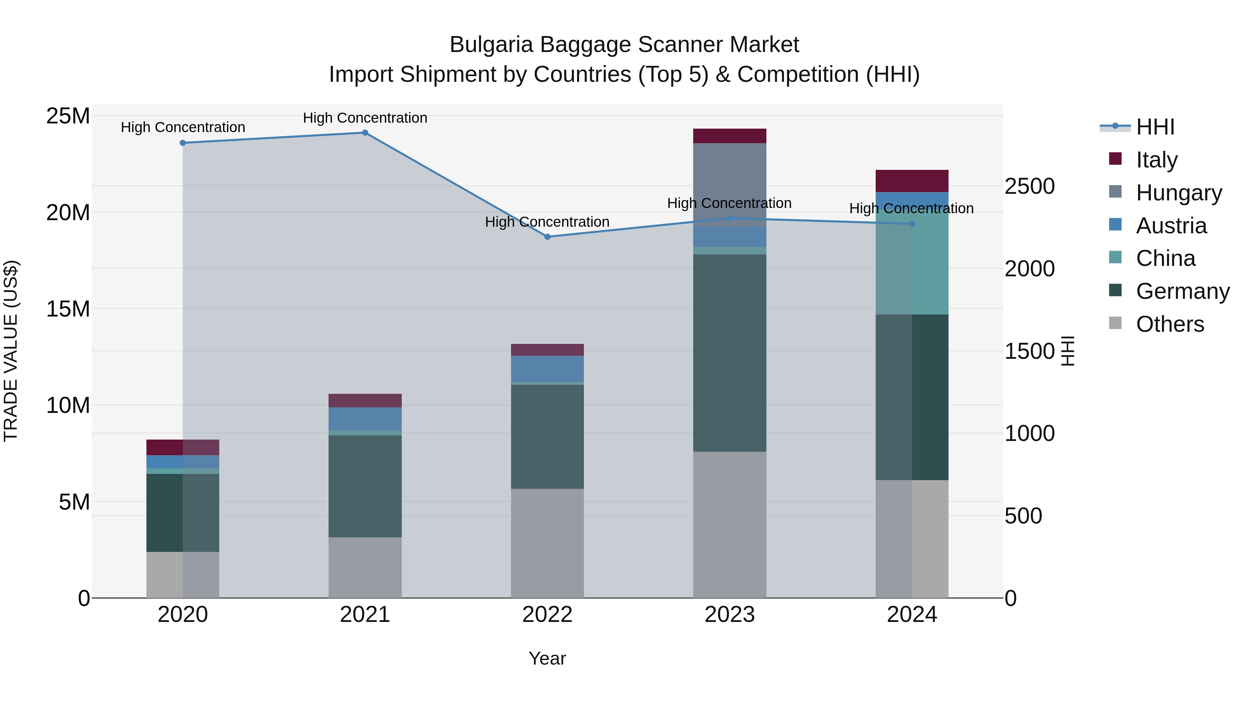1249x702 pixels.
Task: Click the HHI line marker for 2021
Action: click(365, 133)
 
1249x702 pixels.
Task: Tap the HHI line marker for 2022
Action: click(547, 237)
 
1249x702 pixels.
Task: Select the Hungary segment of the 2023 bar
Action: click(729, 184)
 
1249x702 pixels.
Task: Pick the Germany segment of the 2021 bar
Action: click(365, 486)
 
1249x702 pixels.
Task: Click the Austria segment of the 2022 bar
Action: click(547, 369)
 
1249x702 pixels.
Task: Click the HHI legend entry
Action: click(1155, 127)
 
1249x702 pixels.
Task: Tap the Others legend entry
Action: click(1170, 324)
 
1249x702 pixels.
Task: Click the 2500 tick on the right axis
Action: click(1029, 187)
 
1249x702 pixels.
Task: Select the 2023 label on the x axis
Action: click(729, 615)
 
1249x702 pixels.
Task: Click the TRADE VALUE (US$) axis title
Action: click(11, 351)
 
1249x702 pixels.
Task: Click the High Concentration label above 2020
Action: click(183, 128)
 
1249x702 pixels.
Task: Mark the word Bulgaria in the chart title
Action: click(491, 45)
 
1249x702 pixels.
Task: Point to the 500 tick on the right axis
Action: click(1023, 516)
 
